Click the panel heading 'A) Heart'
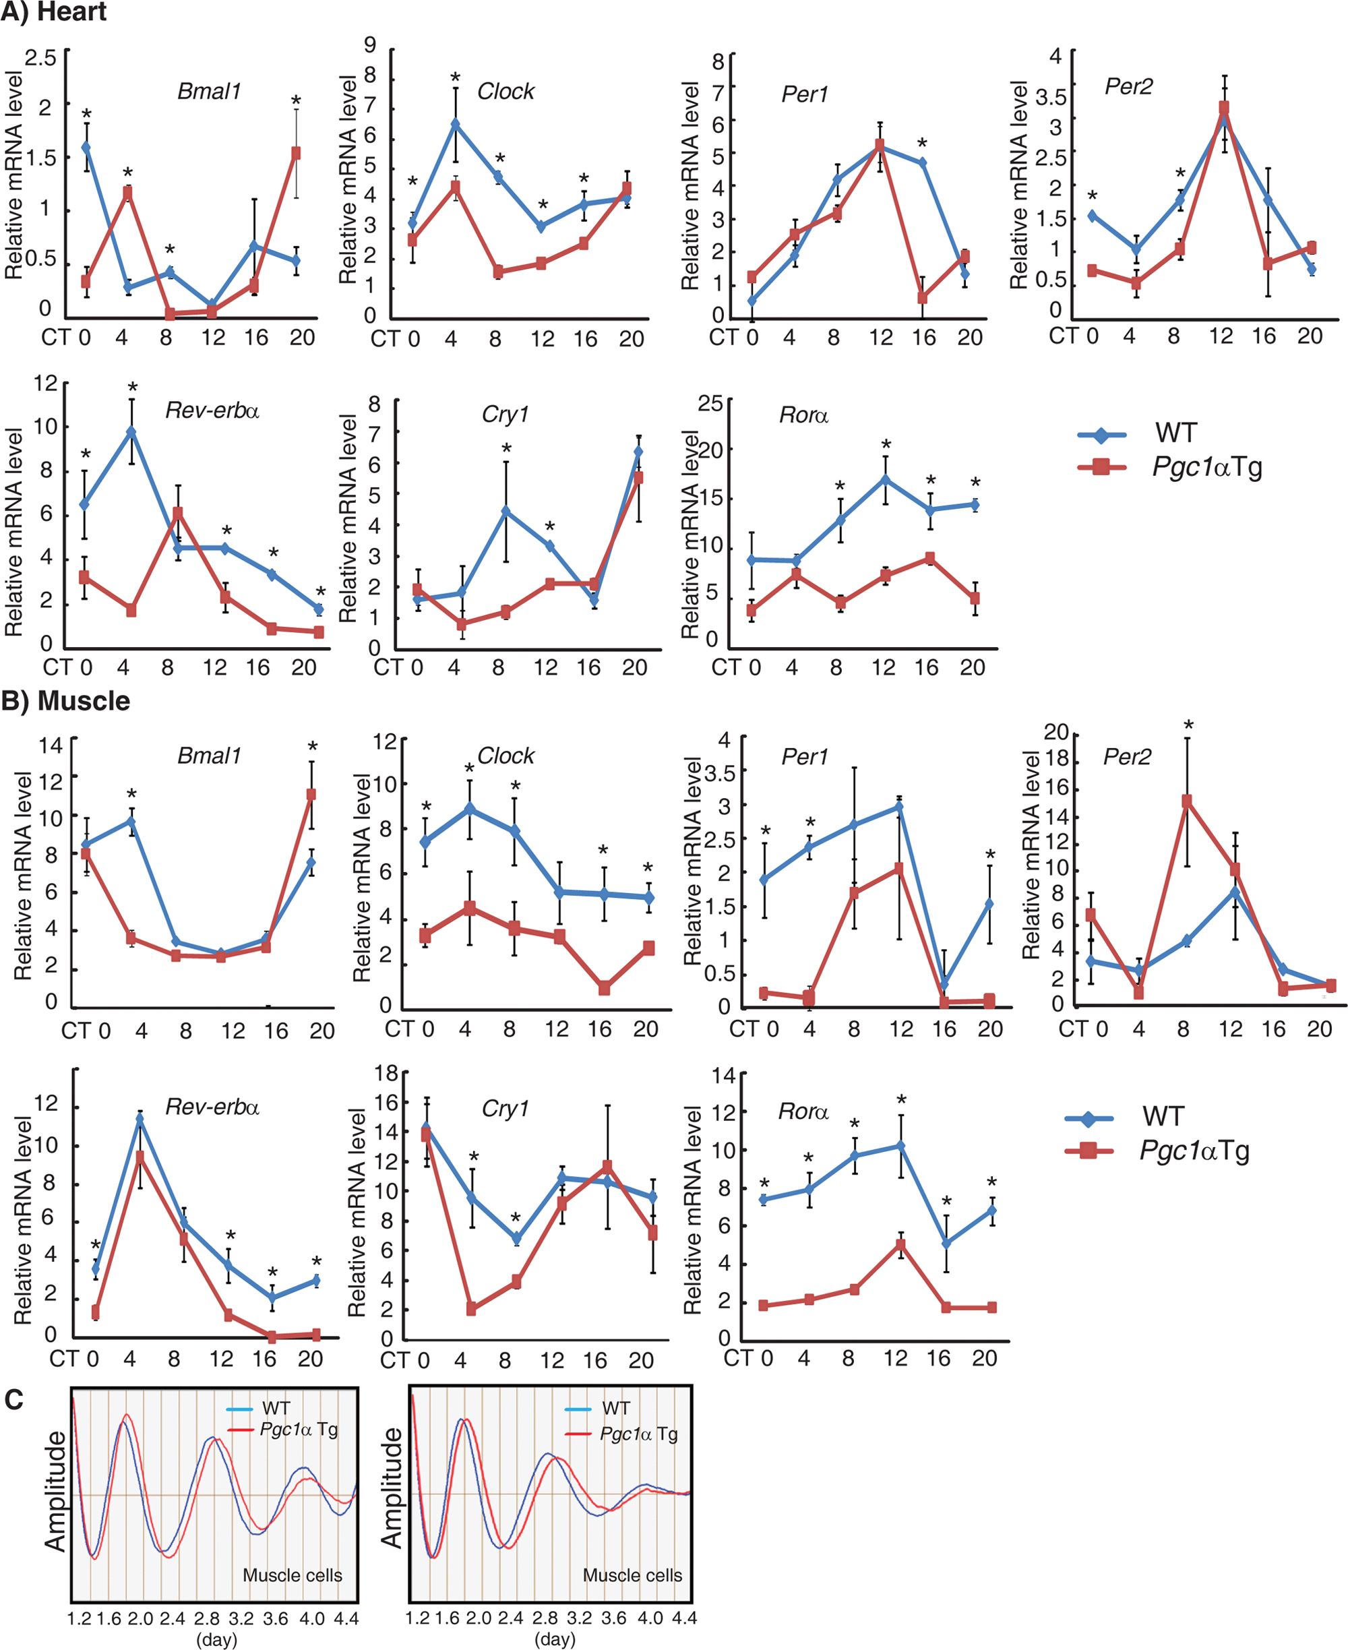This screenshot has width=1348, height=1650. [53, 11]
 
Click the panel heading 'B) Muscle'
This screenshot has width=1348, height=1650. [65, 701]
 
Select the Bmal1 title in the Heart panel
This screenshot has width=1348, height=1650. [210, 92]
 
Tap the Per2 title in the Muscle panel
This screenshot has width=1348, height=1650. [1127, 756]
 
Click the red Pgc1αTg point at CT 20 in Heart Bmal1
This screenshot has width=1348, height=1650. [296, 154]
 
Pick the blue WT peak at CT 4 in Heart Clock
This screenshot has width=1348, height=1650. [455, 123]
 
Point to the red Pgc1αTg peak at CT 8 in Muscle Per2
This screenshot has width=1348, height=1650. [1186, 801]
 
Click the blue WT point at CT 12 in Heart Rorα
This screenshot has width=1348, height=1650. [885, 480]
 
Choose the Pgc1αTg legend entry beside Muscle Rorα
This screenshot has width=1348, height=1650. [1157, 1151]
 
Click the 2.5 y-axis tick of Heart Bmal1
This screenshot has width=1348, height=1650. [40, 58]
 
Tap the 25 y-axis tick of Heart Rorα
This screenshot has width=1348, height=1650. [710, 403]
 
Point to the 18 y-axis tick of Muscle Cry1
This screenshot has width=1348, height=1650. [386, 1073]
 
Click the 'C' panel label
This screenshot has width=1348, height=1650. [13, 1399]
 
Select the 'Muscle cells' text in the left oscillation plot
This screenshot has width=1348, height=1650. [292, 1575]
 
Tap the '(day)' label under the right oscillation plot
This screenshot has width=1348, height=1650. [555, 1639]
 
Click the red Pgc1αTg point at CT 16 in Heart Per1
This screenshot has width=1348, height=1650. [923, 297]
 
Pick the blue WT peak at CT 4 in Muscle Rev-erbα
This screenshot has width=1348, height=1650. [140, 1120]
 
